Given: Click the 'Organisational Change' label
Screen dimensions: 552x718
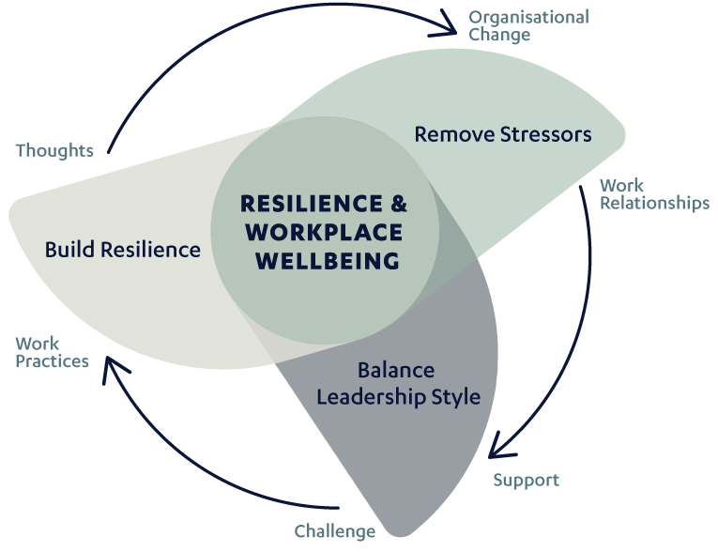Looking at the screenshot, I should pos(528,26).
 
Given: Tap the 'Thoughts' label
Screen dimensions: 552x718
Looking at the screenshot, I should pos(54,150).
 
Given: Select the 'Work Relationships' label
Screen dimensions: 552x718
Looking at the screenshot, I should pos(654,194).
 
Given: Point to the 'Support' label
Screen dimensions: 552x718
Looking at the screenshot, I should pos(526,480).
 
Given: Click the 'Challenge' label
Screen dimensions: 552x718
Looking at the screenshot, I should pos(335,531).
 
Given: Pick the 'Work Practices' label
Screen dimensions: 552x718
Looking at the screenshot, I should pos(53,352).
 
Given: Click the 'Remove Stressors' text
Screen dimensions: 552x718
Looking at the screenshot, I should pos(503,134).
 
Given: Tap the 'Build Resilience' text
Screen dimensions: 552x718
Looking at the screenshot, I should pos(123,250).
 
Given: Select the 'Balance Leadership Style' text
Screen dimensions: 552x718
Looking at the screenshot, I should pos(398,383).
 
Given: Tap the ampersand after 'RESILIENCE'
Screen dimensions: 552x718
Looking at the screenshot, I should pos(400,204).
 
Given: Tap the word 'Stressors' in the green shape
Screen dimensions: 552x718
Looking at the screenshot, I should pos(550,134).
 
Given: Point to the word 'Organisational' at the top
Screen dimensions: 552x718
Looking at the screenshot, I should pos(528,18).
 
